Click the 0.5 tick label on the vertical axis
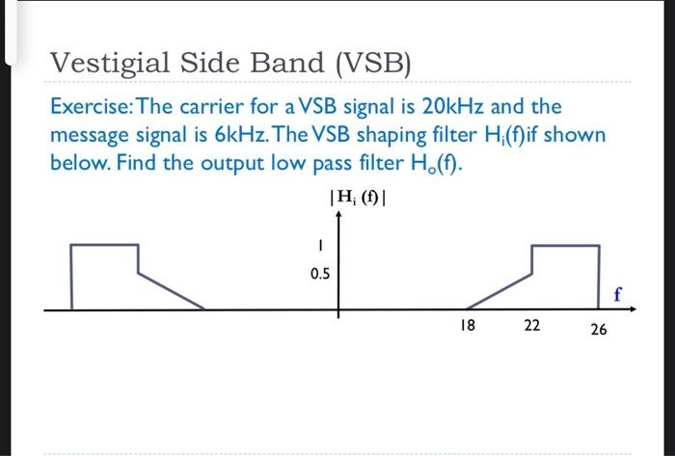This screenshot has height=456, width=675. click(x=320, y=274)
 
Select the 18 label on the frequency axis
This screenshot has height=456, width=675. click(x=468, y=326)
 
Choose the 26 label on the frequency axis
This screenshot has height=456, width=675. click(x=599, y=330)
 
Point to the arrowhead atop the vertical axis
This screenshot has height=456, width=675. click(x=338, y=218)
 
